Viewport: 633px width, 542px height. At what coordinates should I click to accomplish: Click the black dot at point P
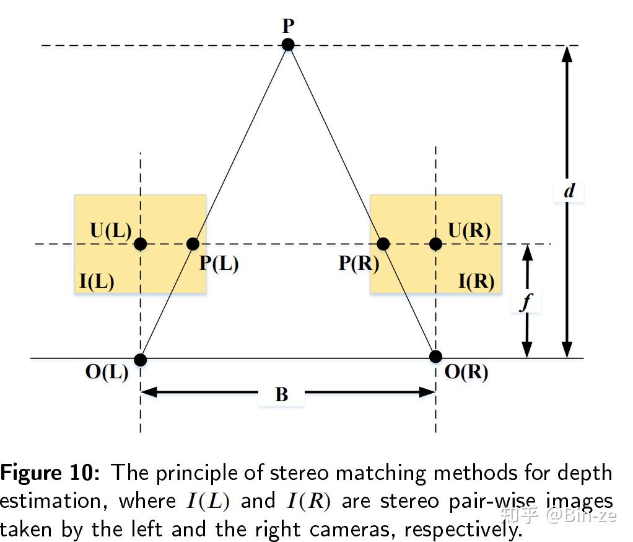tap(288, 45)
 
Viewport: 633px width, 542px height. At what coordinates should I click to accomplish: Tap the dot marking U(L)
tap(141, 244)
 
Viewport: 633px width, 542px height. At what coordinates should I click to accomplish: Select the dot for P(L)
tap(193, 244)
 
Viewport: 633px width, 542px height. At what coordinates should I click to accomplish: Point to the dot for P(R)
tap(383, 244)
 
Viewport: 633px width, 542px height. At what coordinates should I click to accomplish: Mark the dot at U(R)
tap(435, 244)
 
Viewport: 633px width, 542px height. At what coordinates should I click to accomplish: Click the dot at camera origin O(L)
tap(141, 360)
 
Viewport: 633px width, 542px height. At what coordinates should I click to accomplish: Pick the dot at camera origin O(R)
tap(435, 357)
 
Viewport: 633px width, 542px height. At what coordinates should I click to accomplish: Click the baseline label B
tap(282, 394)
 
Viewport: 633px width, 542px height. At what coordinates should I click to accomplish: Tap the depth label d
tap(569, 191)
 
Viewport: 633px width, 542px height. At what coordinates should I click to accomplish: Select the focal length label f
tap(526, 302)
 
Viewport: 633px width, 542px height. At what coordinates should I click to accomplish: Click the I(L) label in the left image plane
tap(97, 282)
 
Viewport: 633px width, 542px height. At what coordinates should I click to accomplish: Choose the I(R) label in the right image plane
tap(476, 282)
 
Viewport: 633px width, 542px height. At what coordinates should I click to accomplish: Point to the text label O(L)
tap(107, 373)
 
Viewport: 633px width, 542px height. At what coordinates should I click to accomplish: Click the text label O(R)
tap(466, 373)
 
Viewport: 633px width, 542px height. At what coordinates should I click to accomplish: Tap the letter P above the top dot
tap(288, 27)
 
